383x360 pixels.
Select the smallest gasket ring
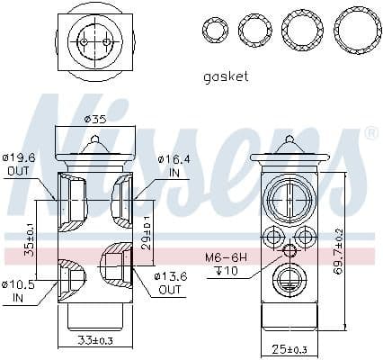215,30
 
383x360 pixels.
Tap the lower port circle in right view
290,279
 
